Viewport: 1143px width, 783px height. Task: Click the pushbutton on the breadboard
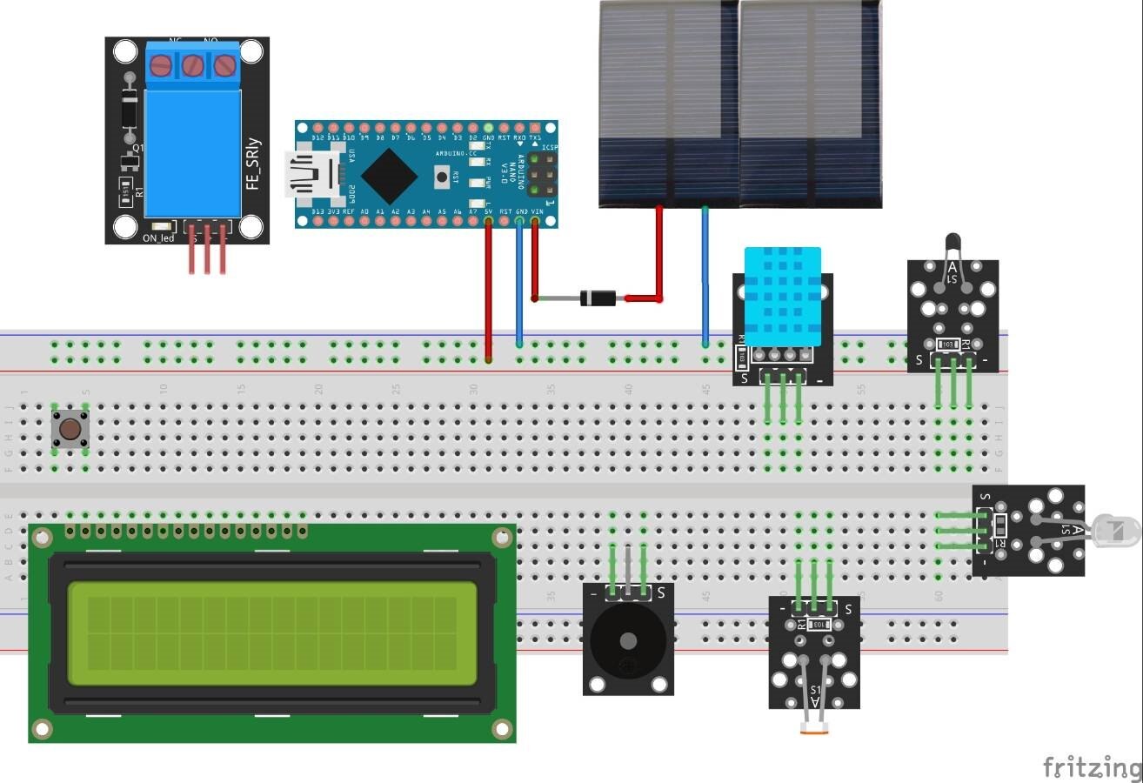(70, 429)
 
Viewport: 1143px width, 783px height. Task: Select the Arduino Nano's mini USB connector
(305, 175)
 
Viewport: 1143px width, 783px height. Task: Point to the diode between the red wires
(598, 298)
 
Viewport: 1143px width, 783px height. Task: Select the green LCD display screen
(272, 633)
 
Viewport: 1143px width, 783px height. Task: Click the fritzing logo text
(1092, 767)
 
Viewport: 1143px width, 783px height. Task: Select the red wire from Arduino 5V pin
(488, 287)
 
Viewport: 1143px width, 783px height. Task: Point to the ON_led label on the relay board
(158, 238)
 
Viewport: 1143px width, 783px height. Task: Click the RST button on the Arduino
(442, 177)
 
